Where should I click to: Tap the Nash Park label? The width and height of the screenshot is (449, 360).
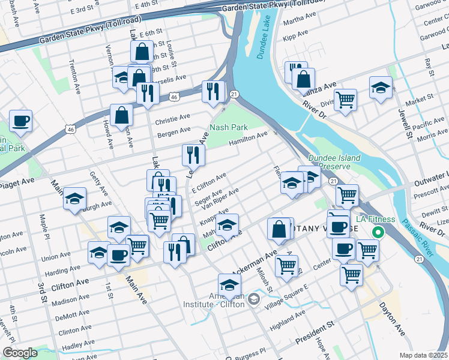pyautogui.click(x=229, y=128)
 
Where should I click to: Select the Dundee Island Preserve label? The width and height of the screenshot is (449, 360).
pyautogui.click(x=334, y=163)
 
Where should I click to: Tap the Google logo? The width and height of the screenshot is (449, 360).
pyautogui.click(x=20, y=353)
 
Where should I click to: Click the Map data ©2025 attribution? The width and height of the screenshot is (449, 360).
pyautogui.click(x=424, y=355)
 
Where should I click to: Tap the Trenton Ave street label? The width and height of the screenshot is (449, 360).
pyautogui.click(x=74, y=76)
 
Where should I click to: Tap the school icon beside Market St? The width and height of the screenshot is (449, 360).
pyautogui.click(x=381, y=88)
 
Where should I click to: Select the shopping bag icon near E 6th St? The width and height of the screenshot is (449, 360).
pyautogui.click(x=142, y=52)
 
